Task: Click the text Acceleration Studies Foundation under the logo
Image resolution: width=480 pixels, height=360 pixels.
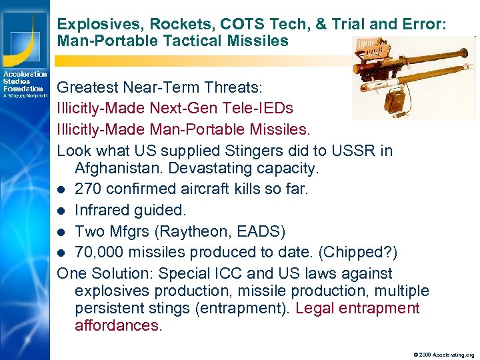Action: (25, 81)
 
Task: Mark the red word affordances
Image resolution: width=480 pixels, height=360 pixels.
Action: (118, 326)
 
